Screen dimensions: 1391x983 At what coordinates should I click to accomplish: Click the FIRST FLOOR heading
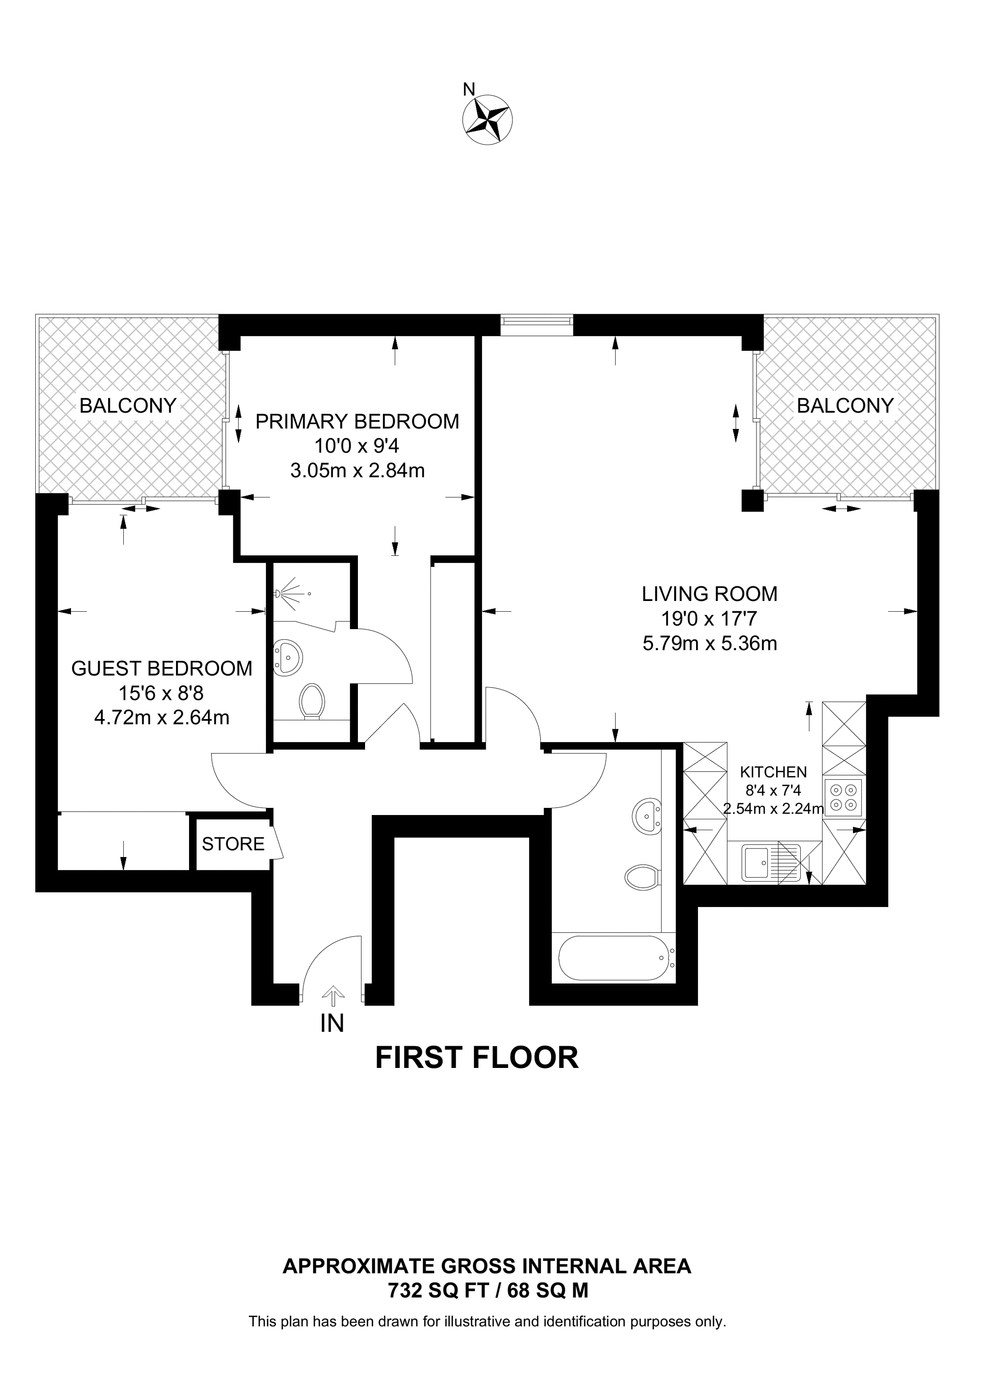477,1058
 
